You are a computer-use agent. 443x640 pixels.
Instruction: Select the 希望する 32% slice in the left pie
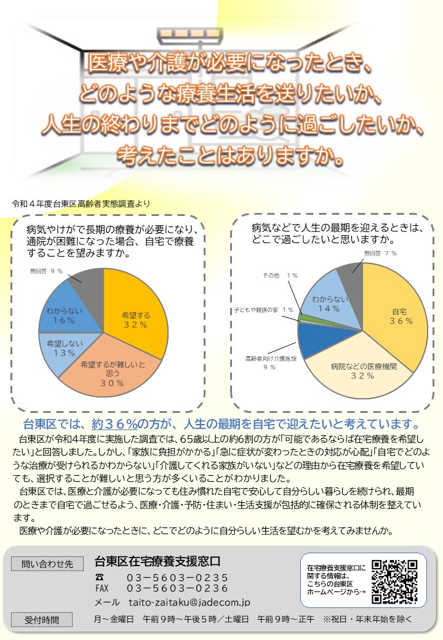pyautogui.click(x=137, y=314)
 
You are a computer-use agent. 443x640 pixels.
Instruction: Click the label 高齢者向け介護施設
pyautogui.click(x=271, y=358)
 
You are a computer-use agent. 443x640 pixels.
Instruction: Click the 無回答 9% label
pyautogui.click(x=47, y=271)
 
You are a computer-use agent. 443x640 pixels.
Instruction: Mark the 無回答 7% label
pyautogui.click(x=380, y=253)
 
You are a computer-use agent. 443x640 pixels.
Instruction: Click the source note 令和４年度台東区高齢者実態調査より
pyautogui.click(x=81, y=203)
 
